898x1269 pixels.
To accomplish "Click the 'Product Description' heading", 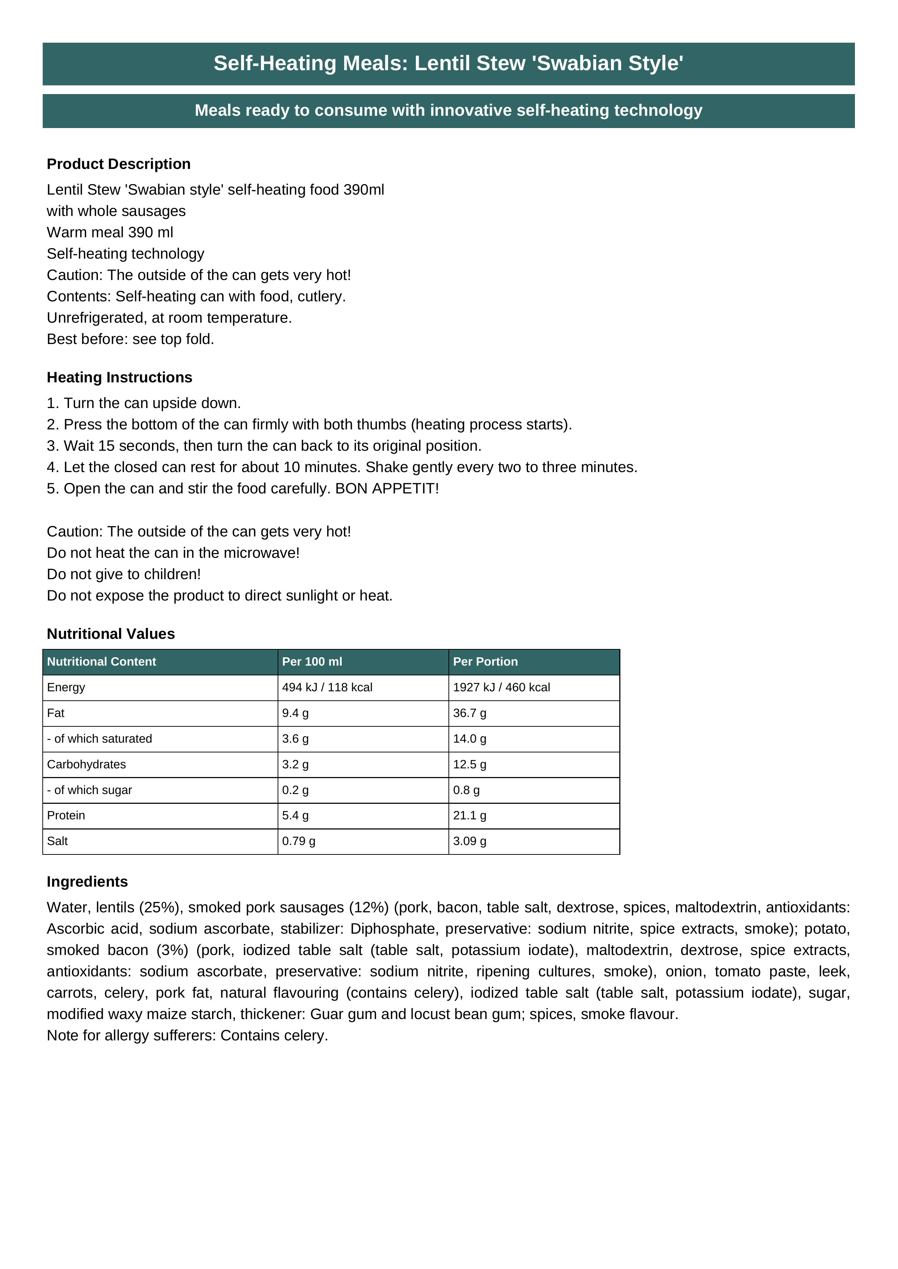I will click(x=118, y=164).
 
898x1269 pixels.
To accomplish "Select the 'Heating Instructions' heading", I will click(x=119, y=378).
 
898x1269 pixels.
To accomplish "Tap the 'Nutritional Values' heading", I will click(x=111, y=634).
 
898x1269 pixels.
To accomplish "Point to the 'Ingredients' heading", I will click(x=87, y=882).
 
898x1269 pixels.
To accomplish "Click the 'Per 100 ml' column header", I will click(x=312, y=662).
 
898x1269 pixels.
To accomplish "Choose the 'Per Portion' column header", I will click(x=485, y=662).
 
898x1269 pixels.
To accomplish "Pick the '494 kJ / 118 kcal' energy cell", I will click(x=327, y=688).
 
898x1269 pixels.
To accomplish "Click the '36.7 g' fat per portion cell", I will click(x=469, y=713).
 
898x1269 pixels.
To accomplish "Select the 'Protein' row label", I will click(x=66, y=816).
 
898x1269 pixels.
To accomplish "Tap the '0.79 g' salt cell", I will click(x=299, y=841).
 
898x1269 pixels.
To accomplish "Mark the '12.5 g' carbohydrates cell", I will click(x=469, y=764).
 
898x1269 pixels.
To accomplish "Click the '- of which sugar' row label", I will click(x=89, y=790).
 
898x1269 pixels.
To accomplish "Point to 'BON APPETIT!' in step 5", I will click(x=387, y=489).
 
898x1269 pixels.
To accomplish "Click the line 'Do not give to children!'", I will click(x=124, y=574).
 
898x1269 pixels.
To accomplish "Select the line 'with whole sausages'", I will click(x=116, y=211).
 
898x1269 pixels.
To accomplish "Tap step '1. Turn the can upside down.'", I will click(x=144, y=403).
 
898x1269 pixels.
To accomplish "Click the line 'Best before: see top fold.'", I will click(x=131, y=339).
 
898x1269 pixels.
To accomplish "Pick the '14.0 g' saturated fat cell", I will click(x=469, y=739).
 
